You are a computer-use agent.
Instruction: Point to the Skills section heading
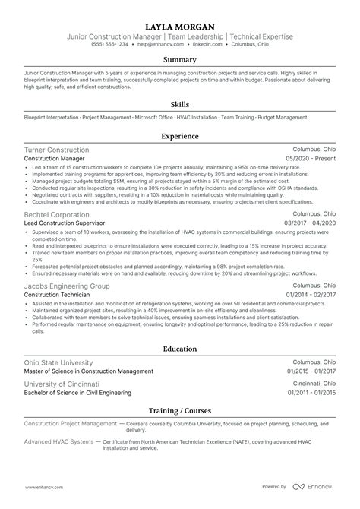tap(180, 106)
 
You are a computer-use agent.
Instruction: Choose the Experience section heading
tap(180, 138)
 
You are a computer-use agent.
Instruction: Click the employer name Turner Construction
tap(56, 150)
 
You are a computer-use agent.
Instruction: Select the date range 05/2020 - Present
tap(311, 160)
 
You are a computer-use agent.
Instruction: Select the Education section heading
tap(180, 349)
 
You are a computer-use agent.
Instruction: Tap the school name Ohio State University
tap(58, 362)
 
